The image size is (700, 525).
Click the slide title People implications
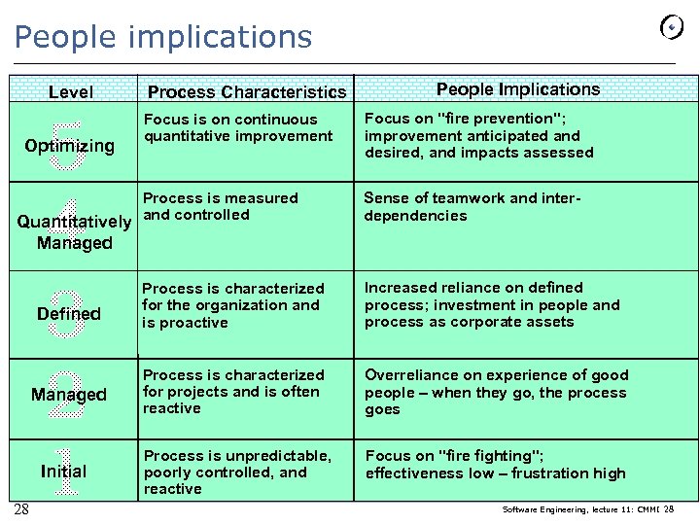(163, 37)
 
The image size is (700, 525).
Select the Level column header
(71, 92)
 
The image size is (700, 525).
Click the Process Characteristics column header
(246, 92)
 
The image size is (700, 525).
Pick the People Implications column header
(518, 89)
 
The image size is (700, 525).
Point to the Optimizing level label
(69, 146)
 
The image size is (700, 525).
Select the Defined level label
(68, 314)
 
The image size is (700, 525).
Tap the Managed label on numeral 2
(68, 395)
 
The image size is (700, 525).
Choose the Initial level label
(63, 472)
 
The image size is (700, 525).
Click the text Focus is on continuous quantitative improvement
(238, 127)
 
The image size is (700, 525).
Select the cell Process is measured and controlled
(221, 206)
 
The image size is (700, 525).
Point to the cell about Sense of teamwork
(472, 206)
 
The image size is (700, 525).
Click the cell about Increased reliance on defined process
(491, 304)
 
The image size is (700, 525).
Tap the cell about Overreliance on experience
(496, 392)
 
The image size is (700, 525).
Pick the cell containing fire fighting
(495, 464)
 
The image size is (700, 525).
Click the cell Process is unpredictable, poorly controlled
(237, 472)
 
